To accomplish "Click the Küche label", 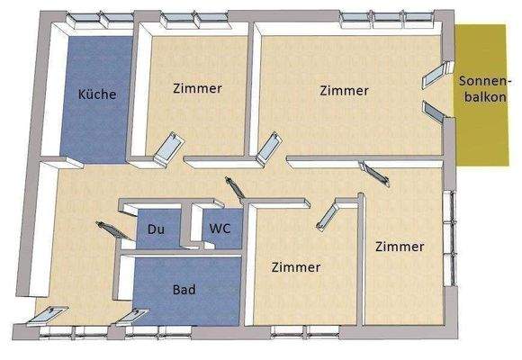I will point(97,93).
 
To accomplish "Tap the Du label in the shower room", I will point(155,229).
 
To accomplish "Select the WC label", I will point(220,229).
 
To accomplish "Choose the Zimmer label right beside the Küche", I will point(196,88).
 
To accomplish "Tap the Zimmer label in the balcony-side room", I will point(344,91).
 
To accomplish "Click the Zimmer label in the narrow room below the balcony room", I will point(400,246).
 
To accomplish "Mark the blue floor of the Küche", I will point(90,126).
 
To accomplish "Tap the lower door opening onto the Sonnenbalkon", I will point(434,112).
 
